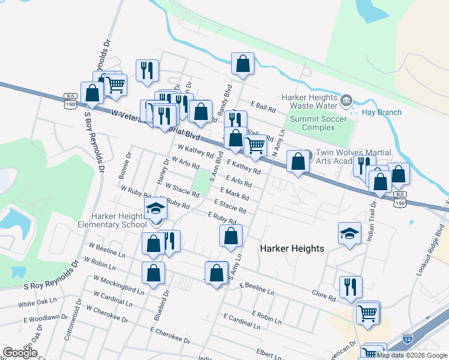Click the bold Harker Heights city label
pyautogui.click(x=292, y=248)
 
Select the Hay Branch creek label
pyautogui.click(x=378, y=112)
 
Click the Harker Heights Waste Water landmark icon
pyautogui.click(x=346, y=100)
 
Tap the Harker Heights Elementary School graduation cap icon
pyautogui.click(x=155, y=208)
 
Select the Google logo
pyautogui.click(x=20, y=353)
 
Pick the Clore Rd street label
pyautogui.click(x=324, y=295)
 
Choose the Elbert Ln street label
pyautogui.click(x=268, y=352)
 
